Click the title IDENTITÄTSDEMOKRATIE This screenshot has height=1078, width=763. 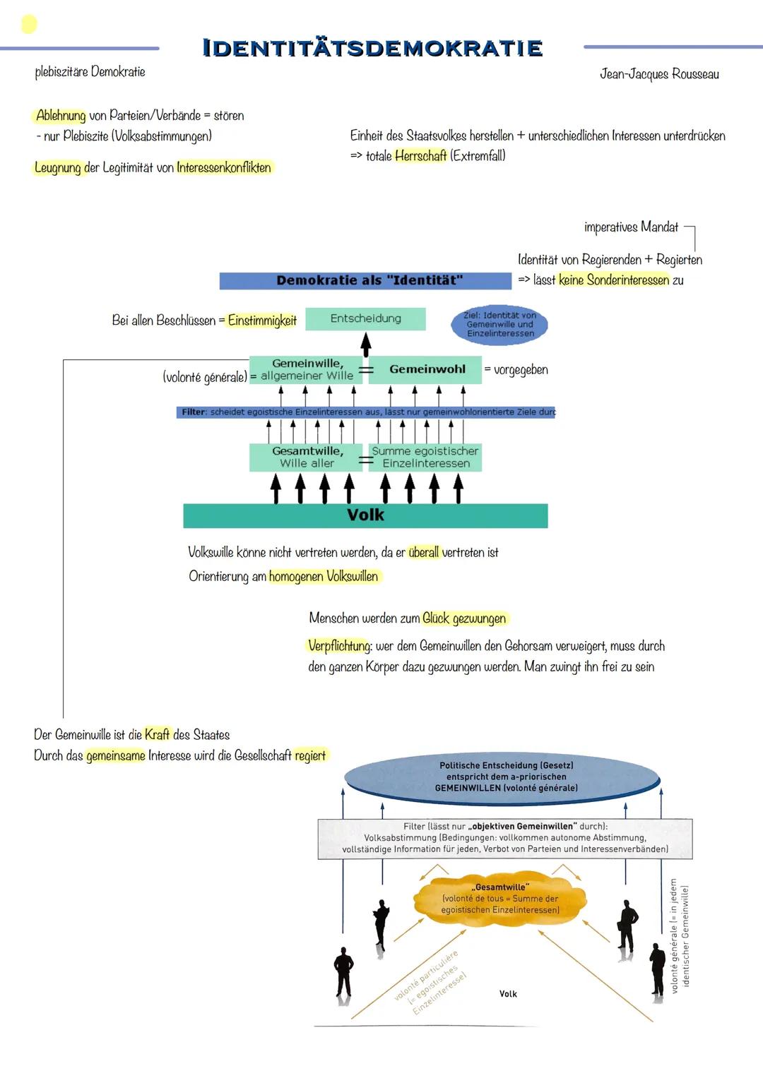point(372,48)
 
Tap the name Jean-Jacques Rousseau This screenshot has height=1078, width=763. point(659,74)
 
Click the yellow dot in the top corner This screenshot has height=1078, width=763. point(29,25)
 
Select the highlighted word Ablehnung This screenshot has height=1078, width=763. point(61,116)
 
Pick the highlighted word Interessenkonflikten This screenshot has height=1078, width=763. point(224,168)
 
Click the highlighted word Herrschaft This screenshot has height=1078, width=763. point(420,156)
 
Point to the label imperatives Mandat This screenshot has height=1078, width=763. point(631,227)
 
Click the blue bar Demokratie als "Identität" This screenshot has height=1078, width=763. point(365,281)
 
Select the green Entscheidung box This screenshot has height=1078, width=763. point(365,319)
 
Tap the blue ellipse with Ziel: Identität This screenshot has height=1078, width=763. point(500,325)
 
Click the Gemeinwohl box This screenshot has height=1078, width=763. point(426,369)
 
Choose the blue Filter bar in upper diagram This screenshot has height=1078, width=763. point(365,412)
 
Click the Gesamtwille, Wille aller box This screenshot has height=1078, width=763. point(306,457)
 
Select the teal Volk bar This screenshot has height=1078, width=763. point(365,515)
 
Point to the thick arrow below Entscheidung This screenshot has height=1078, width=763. point(365,345)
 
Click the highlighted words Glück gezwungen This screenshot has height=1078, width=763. point(464,619)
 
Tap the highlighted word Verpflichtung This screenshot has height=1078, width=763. point(339,646)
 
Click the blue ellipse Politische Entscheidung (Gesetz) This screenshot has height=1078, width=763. point(506,777)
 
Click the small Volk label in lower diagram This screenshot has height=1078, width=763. point(508,994)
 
